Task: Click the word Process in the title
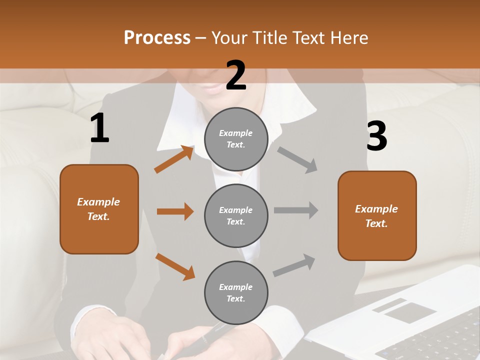[x=157, y=38]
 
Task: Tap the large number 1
[x=99, y=128]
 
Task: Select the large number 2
[x=236, y=75]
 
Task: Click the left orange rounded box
[x=99, y=209]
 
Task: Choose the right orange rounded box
[x=377, y=215]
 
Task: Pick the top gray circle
[x=236, y=139]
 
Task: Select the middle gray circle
[x=236, y=215]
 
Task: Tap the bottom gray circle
[x=236, y=292]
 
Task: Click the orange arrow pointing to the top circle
[x=174, y=159]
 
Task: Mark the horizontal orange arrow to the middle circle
[x=175, y=211]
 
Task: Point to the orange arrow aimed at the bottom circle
[x=175, y=266]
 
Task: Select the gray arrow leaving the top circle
[x=297, y=160]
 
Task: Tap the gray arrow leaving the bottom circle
[x=294, y=265]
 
